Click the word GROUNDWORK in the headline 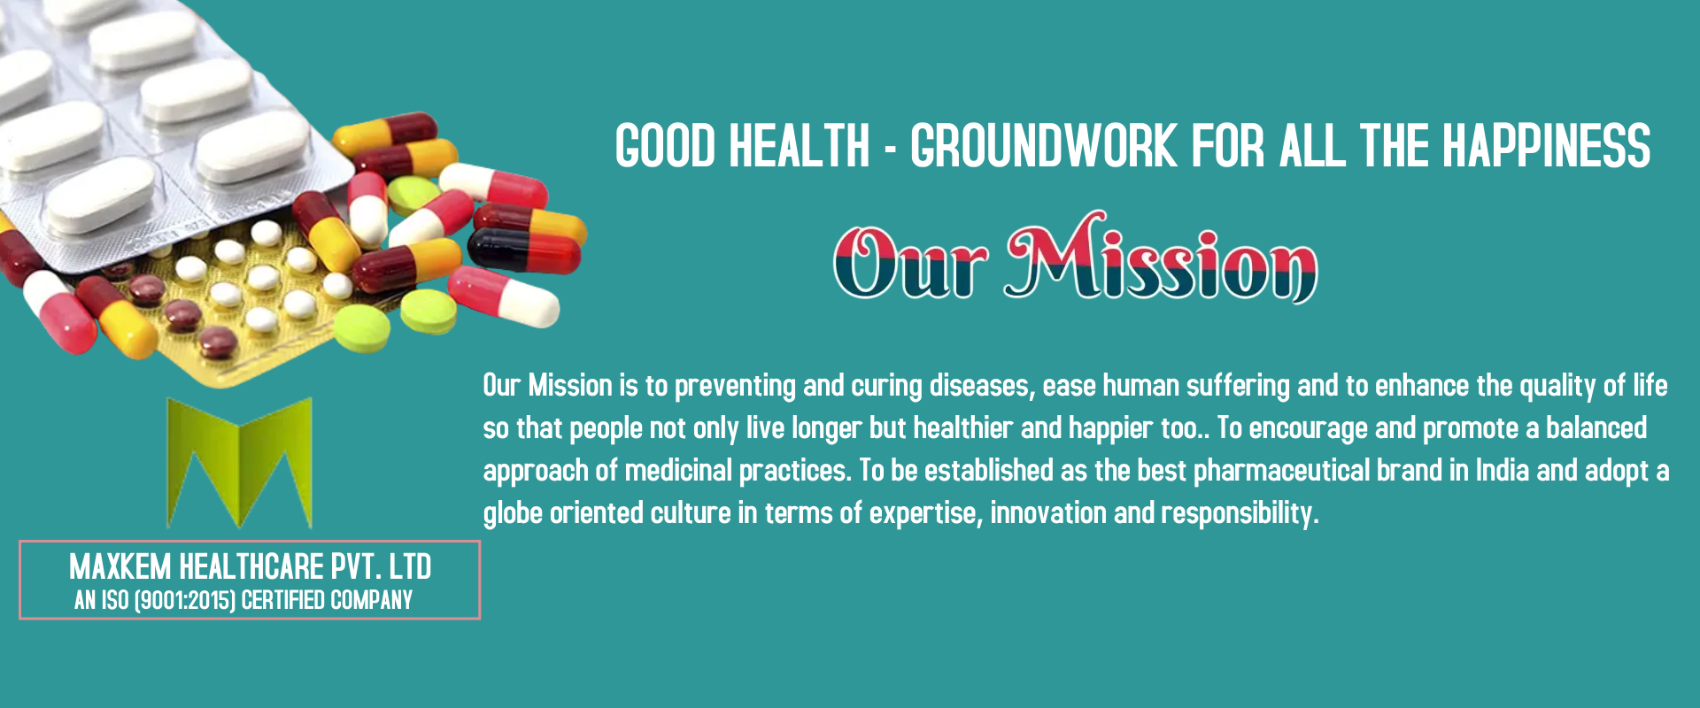click(x=1043, y=146)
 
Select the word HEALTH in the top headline click(x=800, y=146)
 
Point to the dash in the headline click(x=891, y=149)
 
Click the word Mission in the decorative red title click(x=1161, y=258)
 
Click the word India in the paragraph click(x=1502, y=470)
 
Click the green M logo click(x=240, y=463)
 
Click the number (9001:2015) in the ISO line click(x=184, y=601)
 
